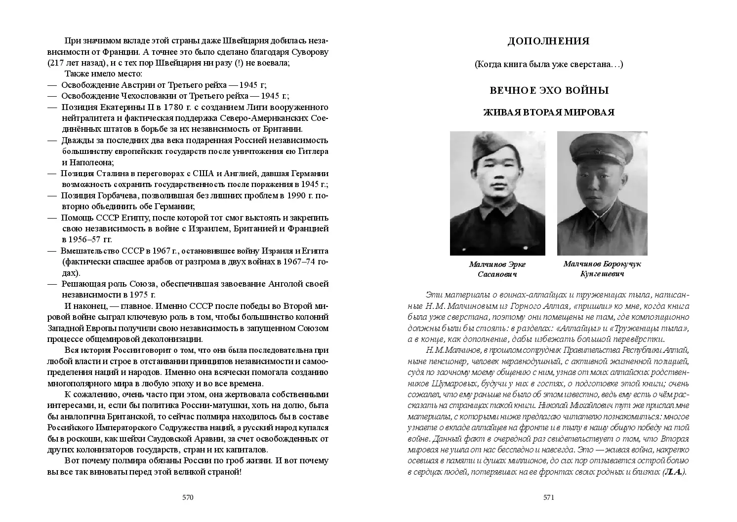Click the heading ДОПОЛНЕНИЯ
click(x=548, y=41)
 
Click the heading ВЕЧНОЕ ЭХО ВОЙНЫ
click(x=549, y=91)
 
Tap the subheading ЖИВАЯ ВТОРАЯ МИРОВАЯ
click(x=548, y=112)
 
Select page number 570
click(x=188, y=497)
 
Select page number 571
click(x=549, y=497)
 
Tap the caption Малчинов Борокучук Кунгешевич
click(x=602, y=269)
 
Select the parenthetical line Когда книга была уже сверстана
click(x=548, y=64)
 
